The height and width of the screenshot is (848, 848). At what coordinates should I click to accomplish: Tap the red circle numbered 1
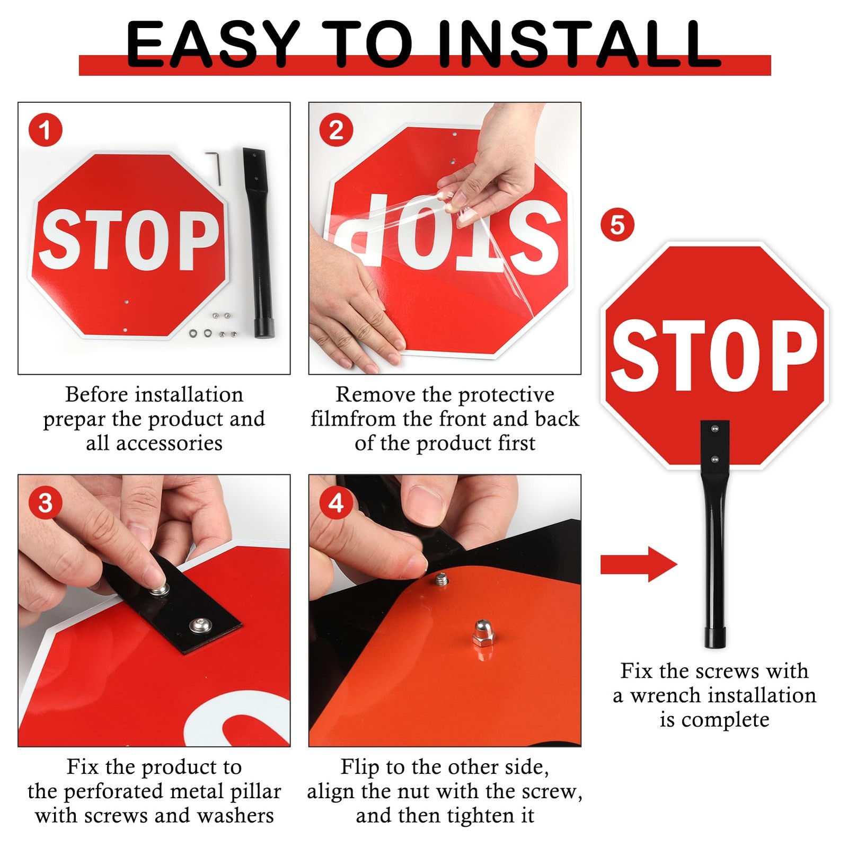pyautogui.click(x=46, y=130)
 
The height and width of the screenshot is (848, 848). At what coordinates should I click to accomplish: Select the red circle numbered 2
pyautogui.click(x=336, y=130)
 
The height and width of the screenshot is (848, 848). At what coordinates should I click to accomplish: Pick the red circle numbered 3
pyautogui.click(x=46, y=503)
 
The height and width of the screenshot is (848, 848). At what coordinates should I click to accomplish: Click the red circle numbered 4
pyautogui.click(x=336, y=503)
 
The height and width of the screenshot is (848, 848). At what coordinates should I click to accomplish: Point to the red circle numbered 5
pyautogui.click(x=617, y=225)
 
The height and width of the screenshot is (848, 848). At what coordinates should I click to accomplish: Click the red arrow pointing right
pyautogui.click(x=639, y=564)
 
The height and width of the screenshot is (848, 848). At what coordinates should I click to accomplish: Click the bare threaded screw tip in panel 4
pyautogui.click(x=440, y=579)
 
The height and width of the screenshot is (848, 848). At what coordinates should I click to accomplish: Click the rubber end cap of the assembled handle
pyautogui.click(x=715, y=638)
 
